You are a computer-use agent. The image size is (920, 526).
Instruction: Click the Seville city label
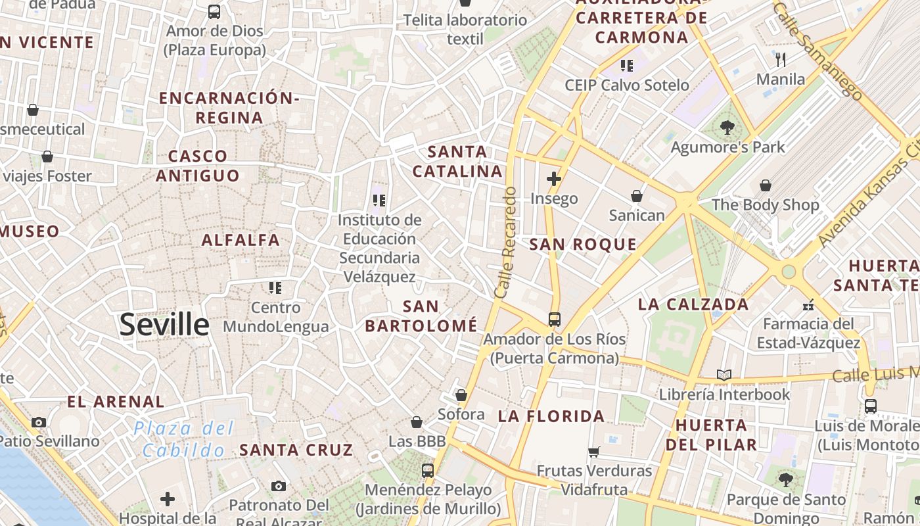coord(164,325)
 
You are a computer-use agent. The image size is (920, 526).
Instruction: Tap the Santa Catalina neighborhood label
coord(458,162)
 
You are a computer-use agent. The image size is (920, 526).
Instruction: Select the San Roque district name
coord(583,245)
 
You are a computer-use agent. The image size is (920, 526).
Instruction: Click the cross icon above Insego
coord(554,178)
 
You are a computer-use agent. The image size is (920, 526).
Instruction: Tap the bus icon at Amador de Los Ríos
coord(555,320)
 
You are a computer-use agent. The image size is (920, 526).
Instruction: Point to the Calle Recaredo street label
coord(507,242)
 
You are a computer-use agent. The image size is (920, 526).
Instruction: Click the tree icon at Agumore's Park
coord(727,128)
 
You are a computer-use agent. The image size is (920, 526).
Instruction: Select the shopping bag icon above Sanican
coord(636,196)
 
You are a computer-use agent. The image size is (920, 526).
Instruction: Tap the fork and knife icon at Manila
coord(781,60)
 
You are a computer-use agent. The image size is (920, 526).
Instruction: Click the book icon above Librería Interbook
coord(724,375)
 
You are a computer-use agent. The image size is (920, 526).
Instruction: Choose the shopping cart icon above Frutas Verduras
coord(594,452)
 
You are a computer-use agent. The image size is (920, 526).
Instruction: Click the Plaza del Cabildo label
coord(183,439)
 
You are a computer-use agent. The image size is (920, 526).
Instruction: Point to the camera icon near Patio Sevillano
coord(39,422)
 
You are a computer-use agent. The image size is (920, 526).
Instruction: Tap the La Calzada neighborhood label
coord(693,304)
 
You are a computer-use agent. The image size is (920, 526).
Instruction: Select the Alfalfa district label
coord(241,240)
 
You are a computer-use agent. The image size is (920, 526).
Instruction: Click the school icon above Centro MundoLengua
coord(275,287)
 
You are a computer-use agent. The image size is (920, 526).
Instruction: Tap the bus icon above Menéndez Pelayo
coord(428,470)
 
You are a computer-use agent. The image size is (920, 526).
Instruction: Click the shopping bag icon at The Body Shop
coord(765,185)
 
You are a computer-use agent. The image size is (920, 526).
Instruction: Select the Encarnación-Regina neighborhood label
coord(229,108)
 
